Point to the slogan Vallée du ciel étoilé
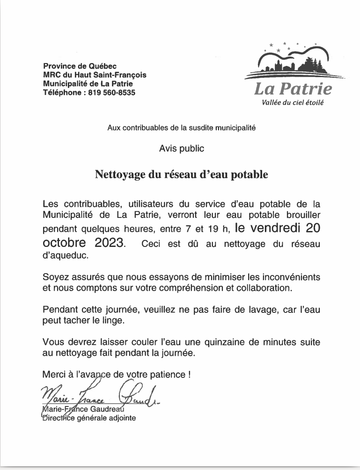293,102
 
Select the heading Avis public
182,149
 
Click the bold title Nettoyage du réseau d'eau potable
182,175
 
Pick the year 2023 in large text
107,243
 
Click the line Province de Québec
80,66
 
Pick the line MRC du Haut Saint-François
95,75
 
